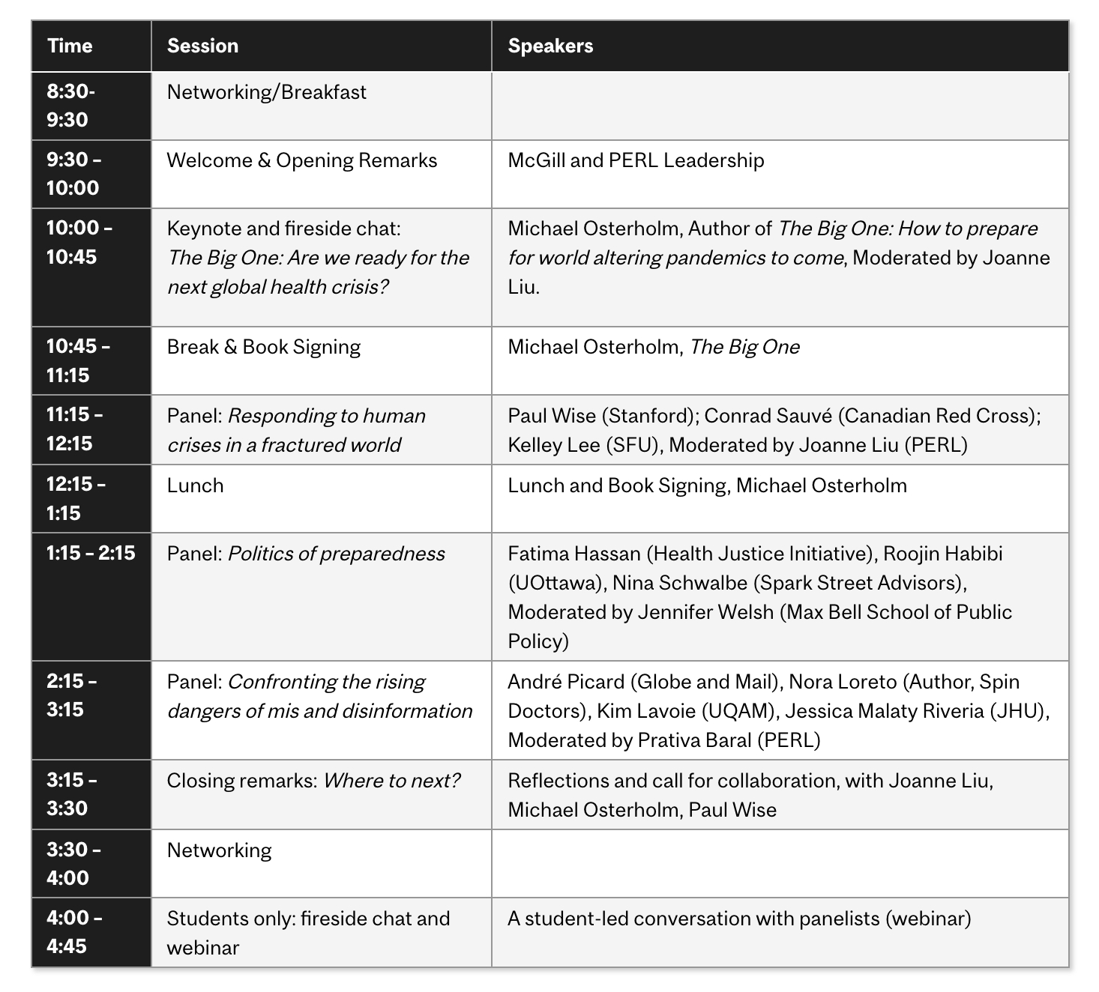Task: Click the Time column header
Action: pos(70,46)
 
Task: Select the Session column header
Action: pos(202,46)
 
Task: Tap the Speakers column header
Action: pos(550,46)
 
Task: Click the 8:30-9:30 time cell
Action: pos(71,106)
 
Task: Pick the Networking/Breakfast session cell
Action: pos(266,92)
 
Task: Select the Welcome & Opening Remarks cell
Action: pos(301,160)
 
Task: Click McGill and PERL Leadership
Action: pos(636,160)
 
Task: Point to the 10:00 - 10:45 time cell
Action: pos(79,242)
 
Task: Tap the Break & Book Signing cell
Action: pos(263,347)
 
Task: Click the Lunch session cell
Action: pos(195,486)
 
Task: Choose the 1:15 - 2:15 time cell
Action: pos(91,554)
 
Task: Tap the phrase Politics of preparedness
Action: pos(336,554)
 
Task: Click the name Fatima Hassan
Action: pos(574,554)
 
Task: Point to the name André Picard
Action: pos(566,682)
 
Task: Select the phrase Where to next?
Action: pos(391,781)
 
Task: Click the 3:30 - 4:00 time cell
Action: pos(73,864)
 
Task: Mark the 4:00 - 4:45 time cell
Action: pos(74,932)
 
